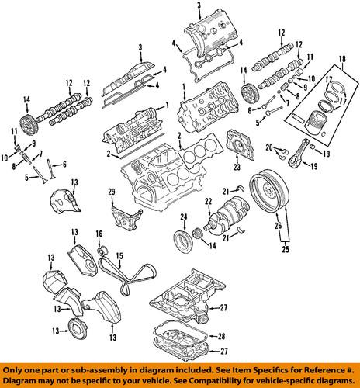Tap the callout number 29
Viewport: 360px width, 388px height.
click(x=111, y=192)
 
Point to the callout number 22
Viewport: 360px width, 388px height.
click(x=207, y=203)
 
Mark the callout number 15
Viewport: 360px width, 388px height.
click(x=119, y=256)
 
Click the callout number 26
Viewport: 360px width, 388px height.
click(x=278, y=227)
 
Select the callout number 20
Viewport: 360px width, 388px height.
click(x=268, y=147)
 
